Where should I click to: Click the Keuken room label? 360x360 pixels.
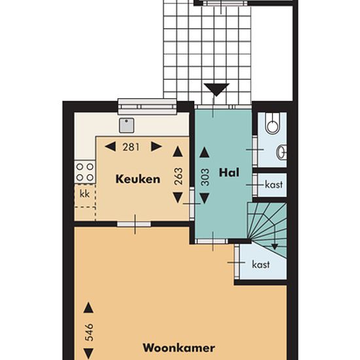137,179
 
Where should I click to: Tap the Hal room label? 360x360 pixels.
229,172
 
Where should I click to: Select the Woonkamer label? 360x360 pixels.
179,348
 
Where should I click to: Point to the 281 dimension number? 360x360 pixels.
131,147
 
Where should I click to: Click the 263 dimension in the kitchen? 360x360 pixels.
179,176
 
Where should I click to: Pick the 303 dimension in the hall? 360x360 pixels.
205,177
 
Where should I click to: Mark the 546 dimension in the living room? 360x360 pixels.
89,333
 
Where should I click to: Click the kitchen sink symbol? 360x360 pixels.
126,126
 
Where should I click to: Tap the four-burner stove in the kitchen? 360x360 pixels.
84,172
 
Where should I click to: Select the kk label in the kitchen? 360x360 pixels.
84,194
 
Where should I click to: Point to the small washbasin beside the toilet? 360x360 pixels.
281,153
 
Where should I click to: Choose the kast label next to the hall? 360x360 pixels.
274,185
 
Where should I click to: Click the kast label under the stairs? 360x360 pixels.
261,264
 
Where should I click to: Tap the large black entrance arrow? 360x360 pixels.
217,90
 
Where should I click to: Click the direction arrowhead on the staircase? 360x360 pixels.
275,247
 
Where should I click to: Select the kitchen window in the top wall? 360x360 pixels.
147,107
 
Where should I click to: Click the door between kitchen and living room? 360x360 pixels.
134,224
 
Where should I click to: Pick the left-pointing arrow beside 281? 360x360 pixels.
110,147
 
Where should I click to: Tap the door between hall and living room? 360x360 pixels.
211,242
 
